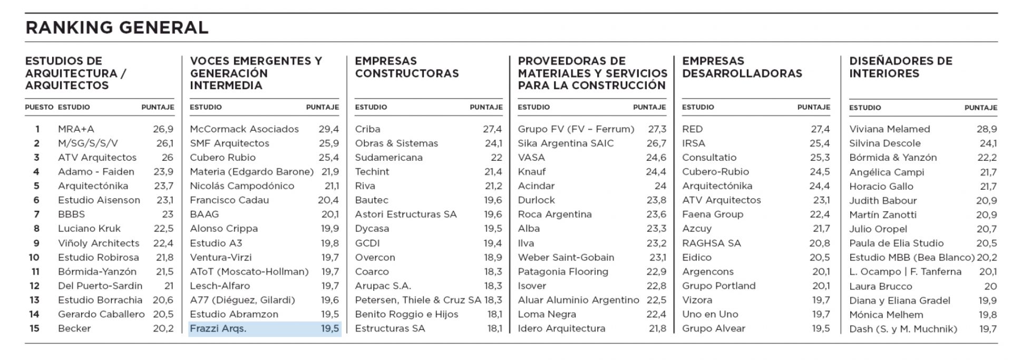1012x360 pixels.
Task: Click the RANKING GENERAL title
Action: pyautogui.click(x=117, y=27)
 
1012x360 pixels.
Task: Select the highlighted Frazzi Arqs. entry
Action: pyautogui.click(x=218, y=328)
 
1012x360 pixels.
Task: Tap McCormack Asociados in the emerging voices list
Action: pyautogui.click(x=244, y=129)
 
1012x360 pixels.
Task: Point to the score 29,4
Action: pyautogui.click(x=328, y=129)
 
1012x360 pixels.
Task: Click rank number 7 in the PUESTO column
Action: pyautogui.click(x=37, y=215)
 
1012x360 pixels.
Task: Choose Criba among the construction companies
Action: pyautogui.click(x=367, y=129)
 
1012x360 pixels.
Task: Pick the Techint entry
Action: pyautogui.click(x=372, y=172)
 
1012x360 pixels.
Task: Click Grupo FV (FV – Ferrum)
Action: pyautogui.click(x=576, y=129)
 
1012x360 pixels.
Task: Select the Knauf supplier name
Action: pyautogui.click(x=532, y=172)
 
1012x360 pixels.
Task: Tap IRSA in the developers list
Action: pyautogui.click(x=694, y=143)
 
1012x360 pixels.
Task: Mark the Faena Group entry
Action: pyautogui.click(x=713, y=215)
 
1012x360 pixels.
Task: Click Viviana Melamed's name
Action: pyautogui.click(x=890, y=129)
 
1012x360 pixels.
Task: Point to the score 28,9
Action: pyautogui.click(x=987, y=129)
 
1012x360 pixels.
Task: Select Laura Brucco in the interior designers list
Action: pyautogui.click(x=880, y=286)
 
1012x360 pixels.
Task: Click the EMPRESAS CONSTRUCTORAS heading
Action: pyautogui.click(x=407, y=67)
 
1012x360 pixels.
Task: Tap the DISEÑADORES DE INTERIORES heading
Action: pyautogui.click(x=901, y=67)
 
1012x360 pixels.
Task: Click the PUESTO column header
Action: pyautogui.click(x=39, y=107)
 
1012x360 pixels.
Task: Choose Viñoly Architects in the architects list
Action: pyautogui.click(x=99, y=243)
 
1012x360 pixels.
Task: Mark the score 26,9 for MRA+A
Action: pyautogui.click(x=163, y=129)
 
